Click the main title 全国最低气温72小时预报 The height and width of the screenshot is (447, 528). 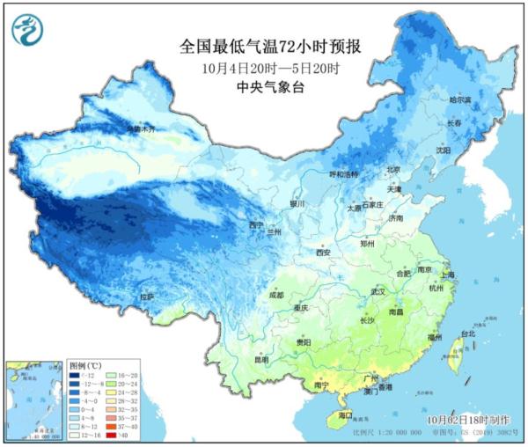(265, 47)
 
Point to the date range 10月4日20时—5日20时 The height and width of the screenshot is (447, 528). (265, 68)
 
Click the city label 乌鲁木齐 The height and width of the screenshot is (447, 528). (142, 129)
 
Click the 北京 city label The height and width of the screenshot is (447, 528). (393, 170)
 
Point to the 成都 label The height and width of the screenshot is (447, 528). (275, 295)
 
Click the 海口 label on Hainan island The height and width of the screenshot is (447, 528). (346, 415)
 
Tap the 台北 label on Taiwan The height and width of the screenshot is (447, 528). (468, 334)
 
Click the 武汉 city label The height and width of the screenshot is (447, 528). (379, 290)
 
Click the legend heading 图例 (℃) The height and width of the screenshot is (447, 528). (85, 365)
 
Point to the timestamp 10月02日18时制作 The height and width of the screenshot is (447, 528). (466, 421)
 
